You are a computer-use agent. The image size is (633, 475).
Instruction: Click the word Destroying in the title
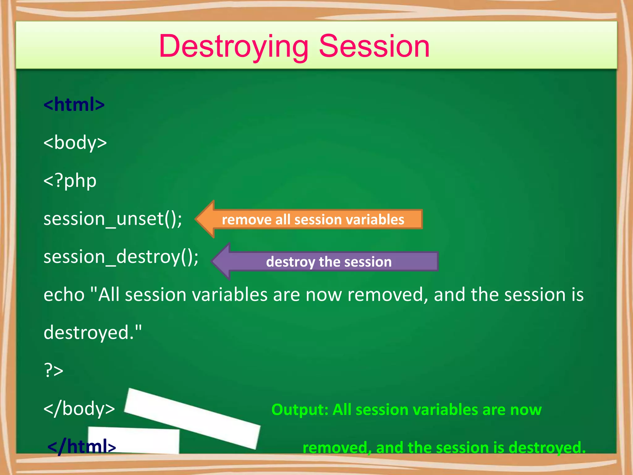pos(233,47)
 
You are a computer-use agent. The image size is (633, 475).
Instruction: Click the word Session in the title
pos(374,47)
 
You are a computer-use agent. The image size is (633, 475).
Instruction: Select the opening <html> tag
pos(74,105)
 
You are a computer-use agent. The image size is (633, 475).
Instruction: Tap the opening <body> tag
pos(75,143)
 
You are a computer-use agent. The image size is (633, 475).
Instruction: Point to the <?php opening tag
pos(70,181)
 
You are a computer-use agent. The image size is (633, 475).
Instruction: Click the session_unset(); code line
pos(113,219)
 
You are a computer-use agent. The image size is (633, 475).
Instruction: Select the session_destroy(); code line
pos(121,257)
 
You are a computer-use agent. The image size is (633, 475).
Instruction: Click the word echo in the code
pos(64,295)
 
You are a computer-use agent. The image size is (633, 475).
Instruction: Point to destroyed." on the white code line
pos(93,333)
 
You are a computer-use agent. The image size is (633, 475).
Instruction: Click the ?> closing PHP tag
pos(53,370)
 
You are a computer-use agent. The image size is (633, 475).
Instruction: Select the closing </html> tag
pos(82,447)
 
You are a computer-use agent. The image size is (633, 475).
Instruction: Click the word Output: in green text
pos(300,410)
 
